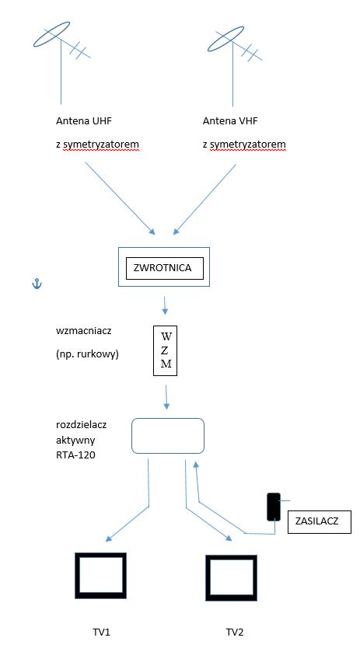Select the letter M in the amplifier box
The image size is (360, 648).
pyautogui.click(x=166, y=364)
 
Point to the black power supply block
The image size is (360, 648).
pyautogui.click(x=274, y=507)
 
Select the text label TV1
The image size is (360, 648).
pyautogui.click(x=101, y=632)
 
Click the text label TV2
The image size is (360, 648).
pyautogui.click(x=235, y=632)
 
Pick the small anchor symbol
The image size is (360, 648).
pyautogui.click(x=37, y=284)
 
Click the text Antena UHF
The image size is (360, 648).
pyautogui.click(x=84, y=121)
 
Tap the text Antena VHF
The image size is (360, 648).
pyautogui.click(x=232, y=121)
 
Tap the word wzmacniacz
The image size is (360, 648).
pyautogui.click(x=78, y=332)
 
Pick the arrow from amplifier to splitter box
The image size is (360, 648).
pyautogui.click(x=166, y=397)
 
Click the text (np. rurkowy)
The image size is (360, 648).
pyautogui.click(x=87, y=354)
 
